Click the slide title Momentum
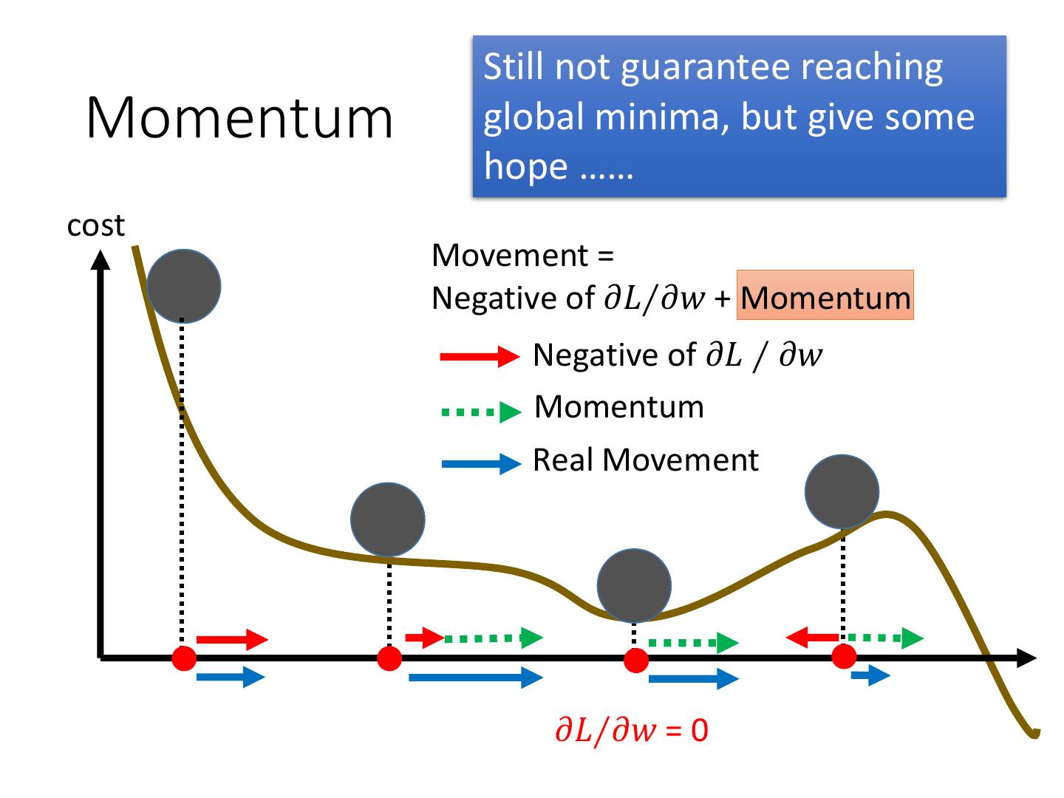point(239,118)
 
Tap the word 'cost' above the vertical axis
point(95,225)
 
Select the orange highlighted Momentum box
point(825,296)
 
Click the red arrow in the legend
point(479,357)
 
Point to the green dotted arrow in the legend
point(480,412)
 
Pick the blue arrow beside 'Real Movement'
point(480,464)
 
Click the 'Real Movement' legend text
point(645,460)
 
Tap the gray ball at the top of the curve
point(184,286)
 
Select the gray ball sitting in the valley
point(634,585)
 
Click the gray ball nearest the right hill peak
point(842,492)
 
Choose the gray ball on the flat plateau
point(388,519)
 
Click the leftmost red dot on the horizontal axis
point(184,658)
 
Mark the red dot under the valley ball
point(635,660)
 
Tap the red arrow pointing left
point(811,636)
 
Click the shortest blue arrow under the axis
point(870,675)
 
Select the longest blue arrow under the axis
point(475,677)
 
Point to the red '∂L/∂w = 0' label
point(631,731)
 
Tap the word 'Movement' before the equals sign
point(510,256)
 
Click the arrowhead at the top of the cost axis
point(100,259)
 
